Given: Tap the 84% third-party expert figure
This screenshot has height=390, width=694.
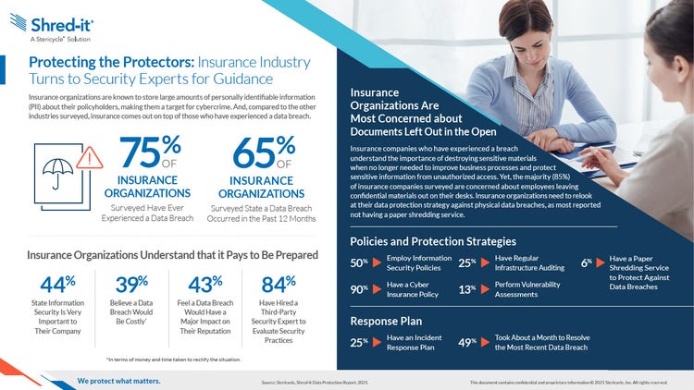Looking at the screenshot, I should click(277, 286).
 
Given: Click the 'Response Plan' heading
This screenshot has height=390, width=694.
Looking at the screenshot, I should click(386, 322).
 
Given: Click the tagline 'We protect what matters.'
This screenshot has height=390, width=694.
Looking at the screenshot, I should click(118, 381).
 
